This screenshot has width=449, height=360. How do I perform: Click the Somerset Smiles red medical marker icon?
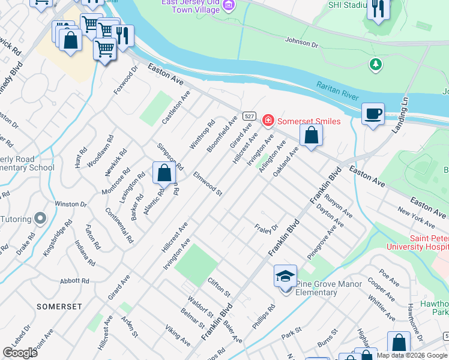click(x=268, y=121)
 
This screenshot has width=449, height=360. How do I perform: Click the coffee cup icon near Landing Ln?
click(x=373, y=113)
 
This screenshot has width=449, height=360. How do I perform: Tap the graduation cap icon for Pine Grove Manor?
click(x=285, y=276)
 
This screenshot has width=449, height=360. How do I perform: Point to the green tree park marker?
click(x=376, y=64)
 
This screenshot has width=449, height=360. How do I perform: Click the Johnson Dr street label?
click(x=301, y=43)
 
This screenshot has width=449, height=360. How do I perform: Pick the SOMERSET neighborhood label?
click(x=59, y=306)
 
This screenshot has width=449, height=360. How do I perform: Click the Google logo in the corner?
click(x=20, y=352)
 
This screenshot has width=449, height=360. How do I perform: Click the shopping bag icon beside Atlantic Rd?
click(x=164, y=173)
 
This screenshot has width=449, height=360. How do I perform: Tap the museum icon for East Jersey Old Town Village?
click(x=228, y=6)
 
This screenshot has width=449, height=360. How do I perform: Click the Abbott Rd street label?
click(x=74, y=281)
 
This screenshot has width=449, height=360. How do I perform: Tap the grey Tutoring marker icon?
click(x=40, y=218)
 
